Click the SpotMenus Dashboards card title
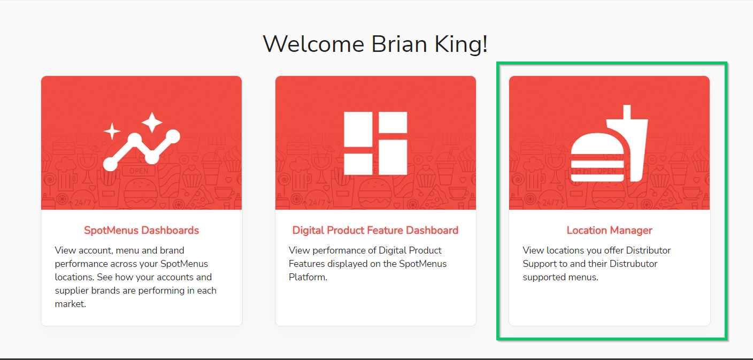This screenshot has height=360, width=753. click(x=141, y=230)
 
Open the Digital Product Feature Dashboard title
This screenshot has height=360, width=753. click(x=375, y=230)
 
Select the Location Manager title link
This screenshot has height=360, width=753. click(x=609, y=230)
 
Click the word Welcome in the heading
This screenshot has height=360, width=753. click(x=313, y=44)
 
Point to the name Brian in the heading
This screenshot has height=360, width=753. click(x=399, y=44)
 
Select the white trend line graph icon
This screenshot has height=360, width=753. click(x=142, y=150)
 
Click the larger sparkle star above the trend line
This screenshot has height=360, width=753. click(x=152, y=122)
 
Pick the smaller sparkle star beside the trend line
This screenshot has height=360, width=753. click(x=112, y=131)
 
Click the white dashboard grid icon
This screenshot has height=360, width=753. click(x=375, y=143)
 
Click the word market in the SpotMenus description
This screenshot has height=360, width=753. click(x=70, y=304)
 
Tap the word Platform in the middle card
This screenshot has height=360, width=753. click(x=307, y=277)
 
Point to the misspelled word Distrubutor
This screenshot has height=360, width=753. click(x=633, y=264)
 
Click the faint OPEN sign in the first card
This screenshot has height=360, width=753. click(x=139, y=171)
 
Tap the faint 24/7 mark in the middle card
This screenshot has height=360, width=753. click(x=317, y=203)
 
